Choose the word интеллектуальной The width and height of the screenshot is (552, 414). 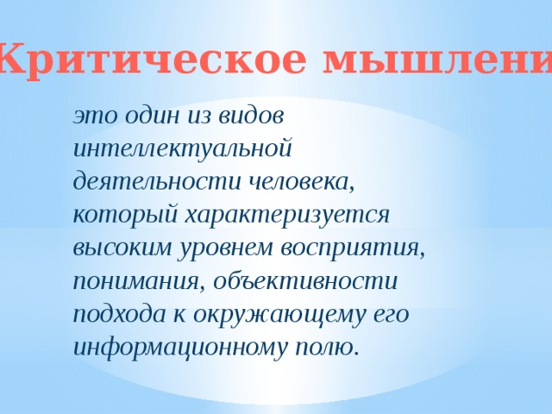tap(185, 148)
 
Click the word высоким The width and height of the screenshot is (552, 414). tap(122, 248)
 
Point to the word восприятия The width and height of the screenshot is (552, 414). tap(351, 248)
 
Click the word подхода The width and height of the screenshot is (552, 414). tap(115, 314)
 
